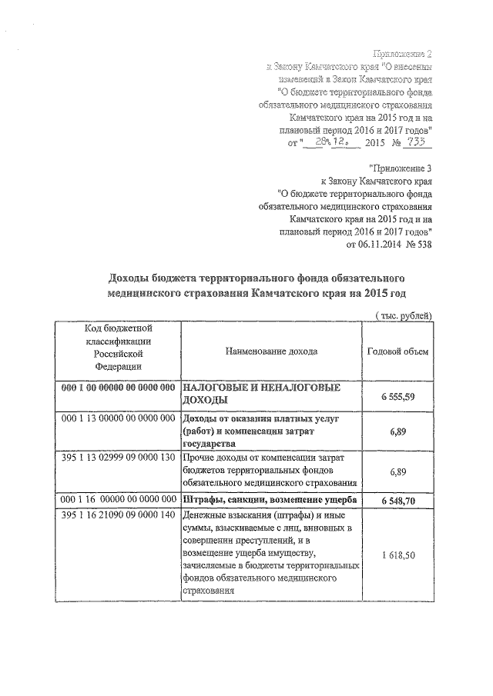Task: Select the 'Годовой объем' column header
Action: [401, 351]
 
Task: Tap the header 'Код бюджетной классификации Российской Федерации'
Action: [118, 351]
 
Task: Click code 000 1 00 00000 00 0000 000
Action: [118, 388]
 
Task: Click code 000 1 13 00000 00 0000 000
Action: [118, 418]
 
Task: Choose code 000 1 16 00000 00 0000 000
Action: [118, 501]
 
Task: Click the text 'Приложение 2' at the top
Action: [402, 53]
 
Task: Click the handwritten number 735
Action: [419, 142]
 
